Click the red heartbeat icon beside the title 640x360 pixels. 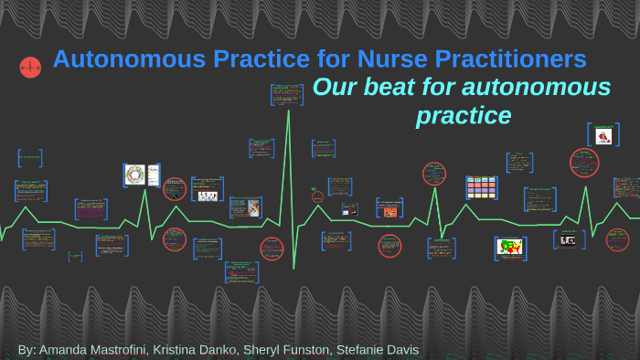[30, 67]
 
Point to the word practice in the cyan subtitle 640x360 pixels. [463, 117]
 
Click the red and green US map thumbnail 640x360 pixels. [509, 247]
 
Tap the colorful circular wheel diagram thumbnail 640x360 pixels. [135, 175]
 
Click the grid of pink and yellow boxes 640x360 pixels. [481, 188]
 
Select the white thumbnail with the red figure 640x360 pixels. [603, 136]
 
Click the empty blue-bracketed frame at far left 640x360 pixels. [29, 158]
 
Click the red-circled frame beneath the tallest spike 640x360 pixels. [272, 249]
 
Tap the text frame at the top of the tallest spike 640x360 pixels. [286, 93]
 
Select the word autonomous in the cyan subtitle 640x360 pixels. [538, 88]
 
